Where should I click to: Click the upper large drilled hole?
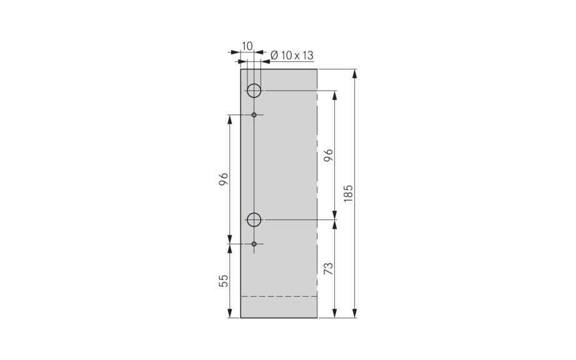254,91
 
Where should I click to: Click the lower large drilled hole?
254,219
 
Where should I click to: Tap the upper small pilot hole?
254,115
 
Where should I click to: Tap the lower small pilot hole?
254,243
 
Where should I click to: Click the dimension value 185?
349,192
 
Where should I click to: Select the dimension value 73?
329,268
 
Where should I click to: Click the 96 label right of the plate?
329,155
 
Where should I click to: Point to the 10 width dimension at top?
247,46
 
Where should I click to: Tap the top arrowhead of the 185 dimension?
355,73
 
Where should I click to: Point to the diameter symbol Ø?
275,56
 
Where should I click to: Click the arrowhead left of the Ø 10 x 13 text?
264,61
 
